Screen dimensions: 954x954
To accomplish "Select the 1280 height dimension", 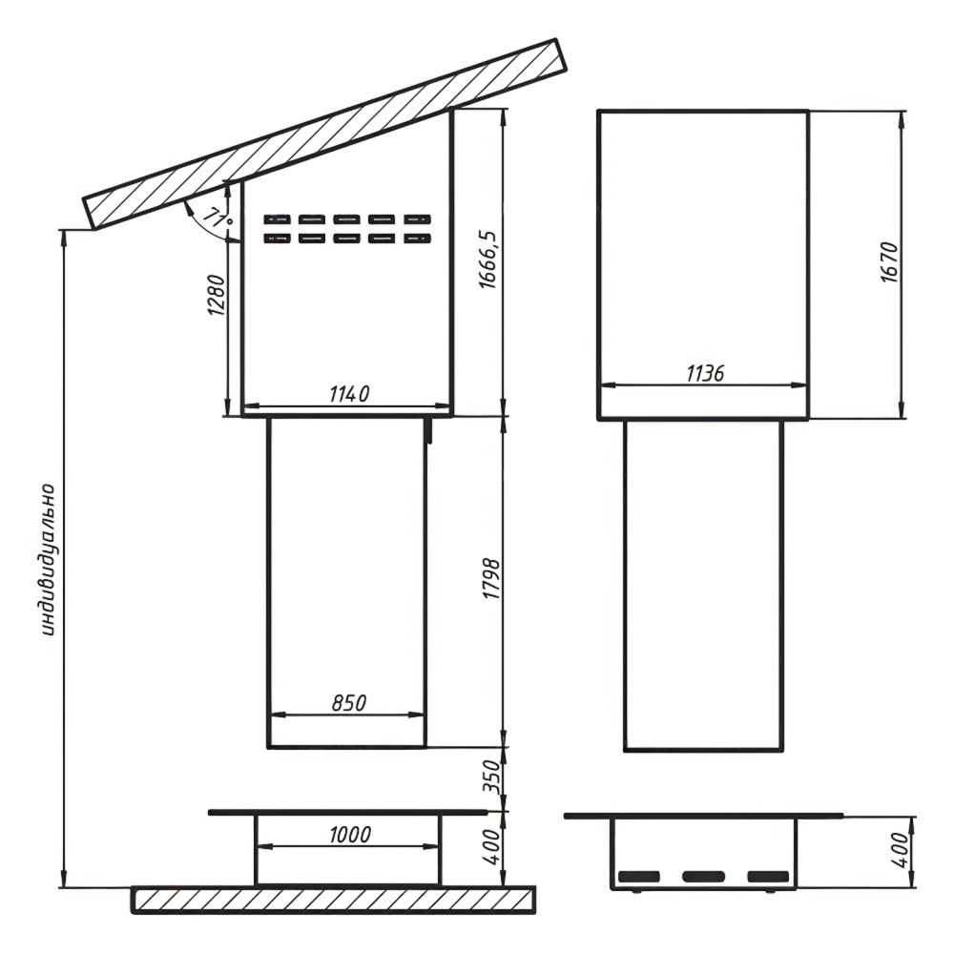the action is pos(216,296).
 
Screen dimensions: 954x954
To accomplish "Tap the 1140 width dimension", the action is pos(349,394).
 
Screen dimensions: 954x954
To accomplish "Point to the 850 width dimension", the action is pos(349,703).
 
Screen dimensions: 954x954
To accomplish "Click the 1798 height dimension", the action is pos(490,579).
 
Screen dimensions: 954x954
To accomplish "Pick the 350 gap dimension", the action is pos(490,777).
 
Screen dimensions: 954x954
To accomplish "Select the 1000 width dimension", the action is pos(350,834).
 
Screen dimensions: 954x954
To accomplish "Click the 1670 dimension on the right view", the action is pos(889,263).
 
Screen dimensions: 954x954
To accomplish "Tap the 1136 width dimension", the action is pos(705,374).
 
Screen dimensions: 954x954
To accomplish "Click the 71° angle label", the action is pos(218,218).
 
